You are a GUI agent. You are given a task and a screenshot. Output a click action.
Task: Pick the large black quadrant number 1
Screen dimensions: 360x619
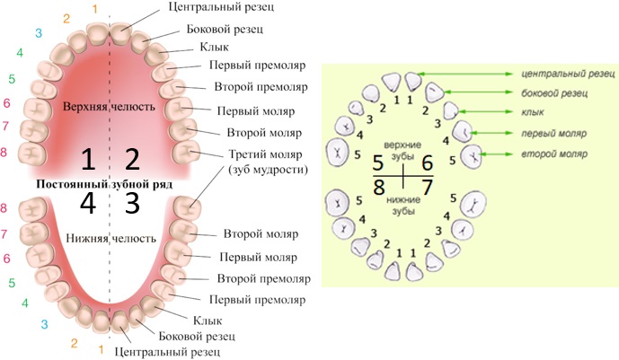point(87,160)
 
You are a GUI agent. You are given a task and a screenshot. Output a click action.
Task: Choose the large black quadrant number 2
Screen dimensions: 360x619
point(132,160)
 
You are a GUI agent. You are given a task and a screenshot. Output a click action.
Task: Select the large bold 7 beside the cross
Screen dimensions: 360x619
point(427,188)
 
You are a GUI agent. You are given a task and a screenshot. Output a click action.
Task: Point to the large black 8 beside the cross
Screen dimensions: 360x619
point(378,188)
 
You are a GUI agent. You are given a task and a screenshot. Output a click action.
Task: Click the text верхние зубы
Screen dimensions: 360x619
point(402,149)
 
